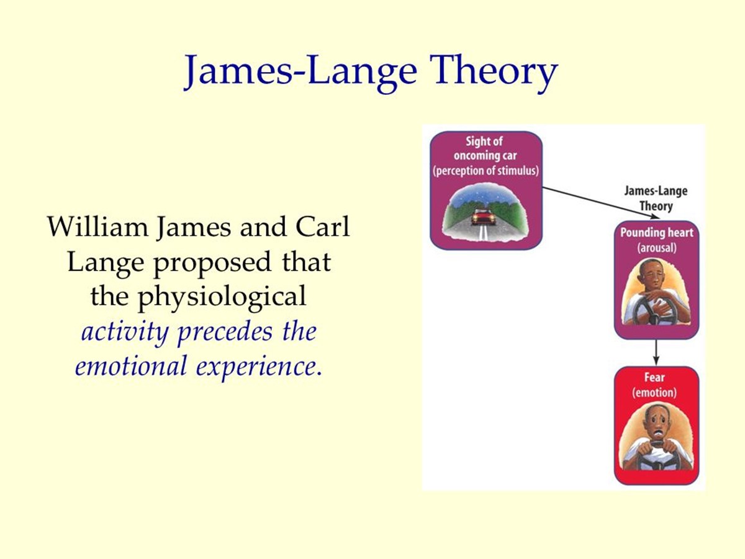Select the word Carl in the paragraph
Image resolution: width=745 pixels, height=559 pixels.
point(322,226)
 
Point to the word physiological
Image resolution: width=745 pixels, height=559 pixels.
point(222,297)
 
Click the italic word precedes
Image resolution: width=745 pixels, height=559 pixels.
point(225,332)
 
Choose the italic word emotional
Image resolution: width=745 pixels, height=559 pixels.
point(131,365)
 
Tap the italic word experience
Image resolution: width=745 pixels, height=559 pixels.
point(257,367)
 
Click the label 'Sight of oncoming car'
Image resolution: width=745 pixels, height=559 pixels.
point(485,148)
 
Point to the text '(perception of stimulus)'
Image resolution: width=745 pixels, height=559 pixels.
point(485,171)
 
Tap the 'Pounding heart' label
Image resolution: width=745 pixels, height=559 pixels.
point(657,233)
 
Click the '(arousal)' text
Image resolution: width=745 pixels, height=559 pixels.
point(657,248)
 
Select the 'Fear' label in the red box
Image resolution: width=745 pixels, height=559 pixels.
point(654,377)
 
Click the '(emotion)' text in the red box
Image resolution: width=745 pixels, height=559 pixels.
point(654,393)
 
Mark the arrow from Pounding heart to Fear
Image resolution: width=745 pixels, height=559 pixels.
point(656,352)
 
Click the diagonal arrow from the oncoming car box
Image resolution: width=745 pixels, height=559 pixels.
point(601,203)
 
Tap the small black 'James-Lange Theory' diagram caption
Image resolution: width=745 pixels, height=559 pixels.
point(656,199)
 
